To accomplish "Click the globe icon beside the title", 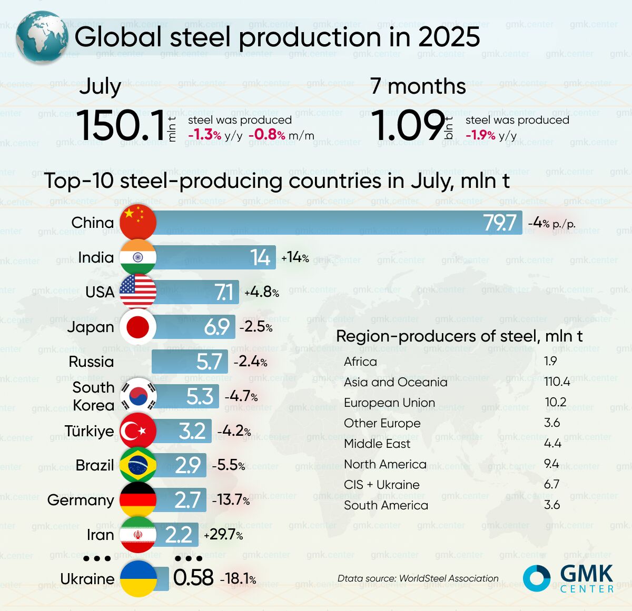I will coord(42,37).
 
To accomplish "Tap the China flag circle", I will coord(138,222).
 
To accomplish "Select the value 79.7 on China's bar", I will coord(500,223).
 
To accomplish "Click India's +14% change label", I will coord(295,257).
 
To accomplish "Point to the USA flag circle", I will coord(138,292).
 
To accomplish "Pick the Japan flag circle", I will coord(138,327).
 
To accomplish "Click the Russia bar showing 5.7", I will coord(190,362).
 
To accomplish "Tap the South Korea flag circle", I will coord(139,396).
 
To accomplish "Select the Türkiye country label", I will coord(89,431).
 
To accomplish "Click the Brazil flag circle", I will coord(138,465).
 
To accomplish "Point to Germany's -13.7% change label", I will coord(231,500).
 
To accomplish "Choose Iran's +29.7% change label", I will coord(223,535).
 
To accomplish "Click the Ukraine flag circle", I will coord(139,578).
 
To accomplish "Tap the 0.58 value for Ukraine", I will coord(193,578).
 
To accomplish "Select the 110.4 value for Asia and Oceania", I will coord(557,382).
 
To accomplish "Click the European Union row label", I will coord(389,403).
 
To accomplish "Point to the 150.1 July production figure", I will coord(121,126).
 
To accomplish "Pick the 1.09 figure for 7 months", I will coord(407,126).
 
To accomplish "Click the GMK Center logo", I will coord(569,578).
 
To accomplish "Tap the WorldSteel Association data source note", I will coord(418,578).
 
